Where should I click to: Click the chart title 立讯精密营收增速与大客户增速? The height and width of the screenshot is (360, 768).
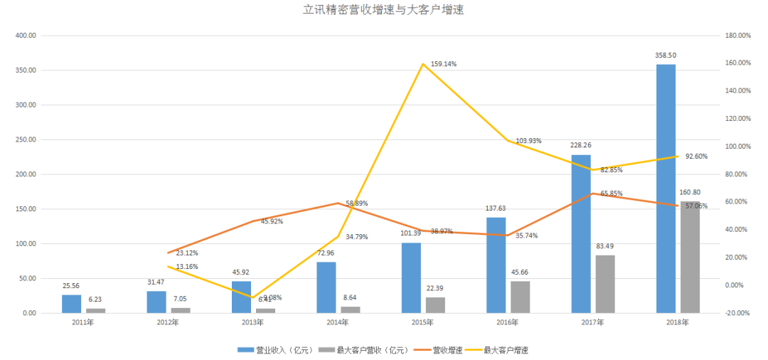383,10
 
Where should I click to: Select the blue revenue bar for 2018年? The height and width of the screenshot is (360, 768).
666,189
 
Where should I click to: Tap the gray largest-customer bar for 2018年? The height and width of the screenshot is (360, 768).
690,257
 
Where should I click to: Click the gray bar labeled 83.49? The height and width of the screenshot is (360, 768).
605,284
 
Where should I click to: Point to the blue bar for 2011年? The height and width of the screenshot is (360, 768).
71,304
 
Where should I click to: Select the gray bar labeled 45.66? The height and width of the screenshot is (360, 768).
520,297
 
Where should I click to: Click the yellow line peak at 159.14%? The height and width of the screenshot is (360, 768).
423,64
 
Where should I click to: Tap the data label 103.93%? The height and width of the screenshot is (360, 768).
527,141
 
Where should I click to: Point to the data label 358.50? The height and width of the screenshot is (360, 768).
666,55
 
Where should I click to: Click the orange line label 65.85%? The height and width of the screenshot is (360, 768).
612,194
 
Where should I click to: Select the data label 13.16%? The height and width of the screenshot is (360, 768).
187,267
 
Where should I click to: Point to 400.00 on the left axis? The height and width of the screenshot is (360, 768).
25,36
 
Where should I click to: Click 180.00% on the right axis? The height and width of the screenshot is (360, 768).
737,36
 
